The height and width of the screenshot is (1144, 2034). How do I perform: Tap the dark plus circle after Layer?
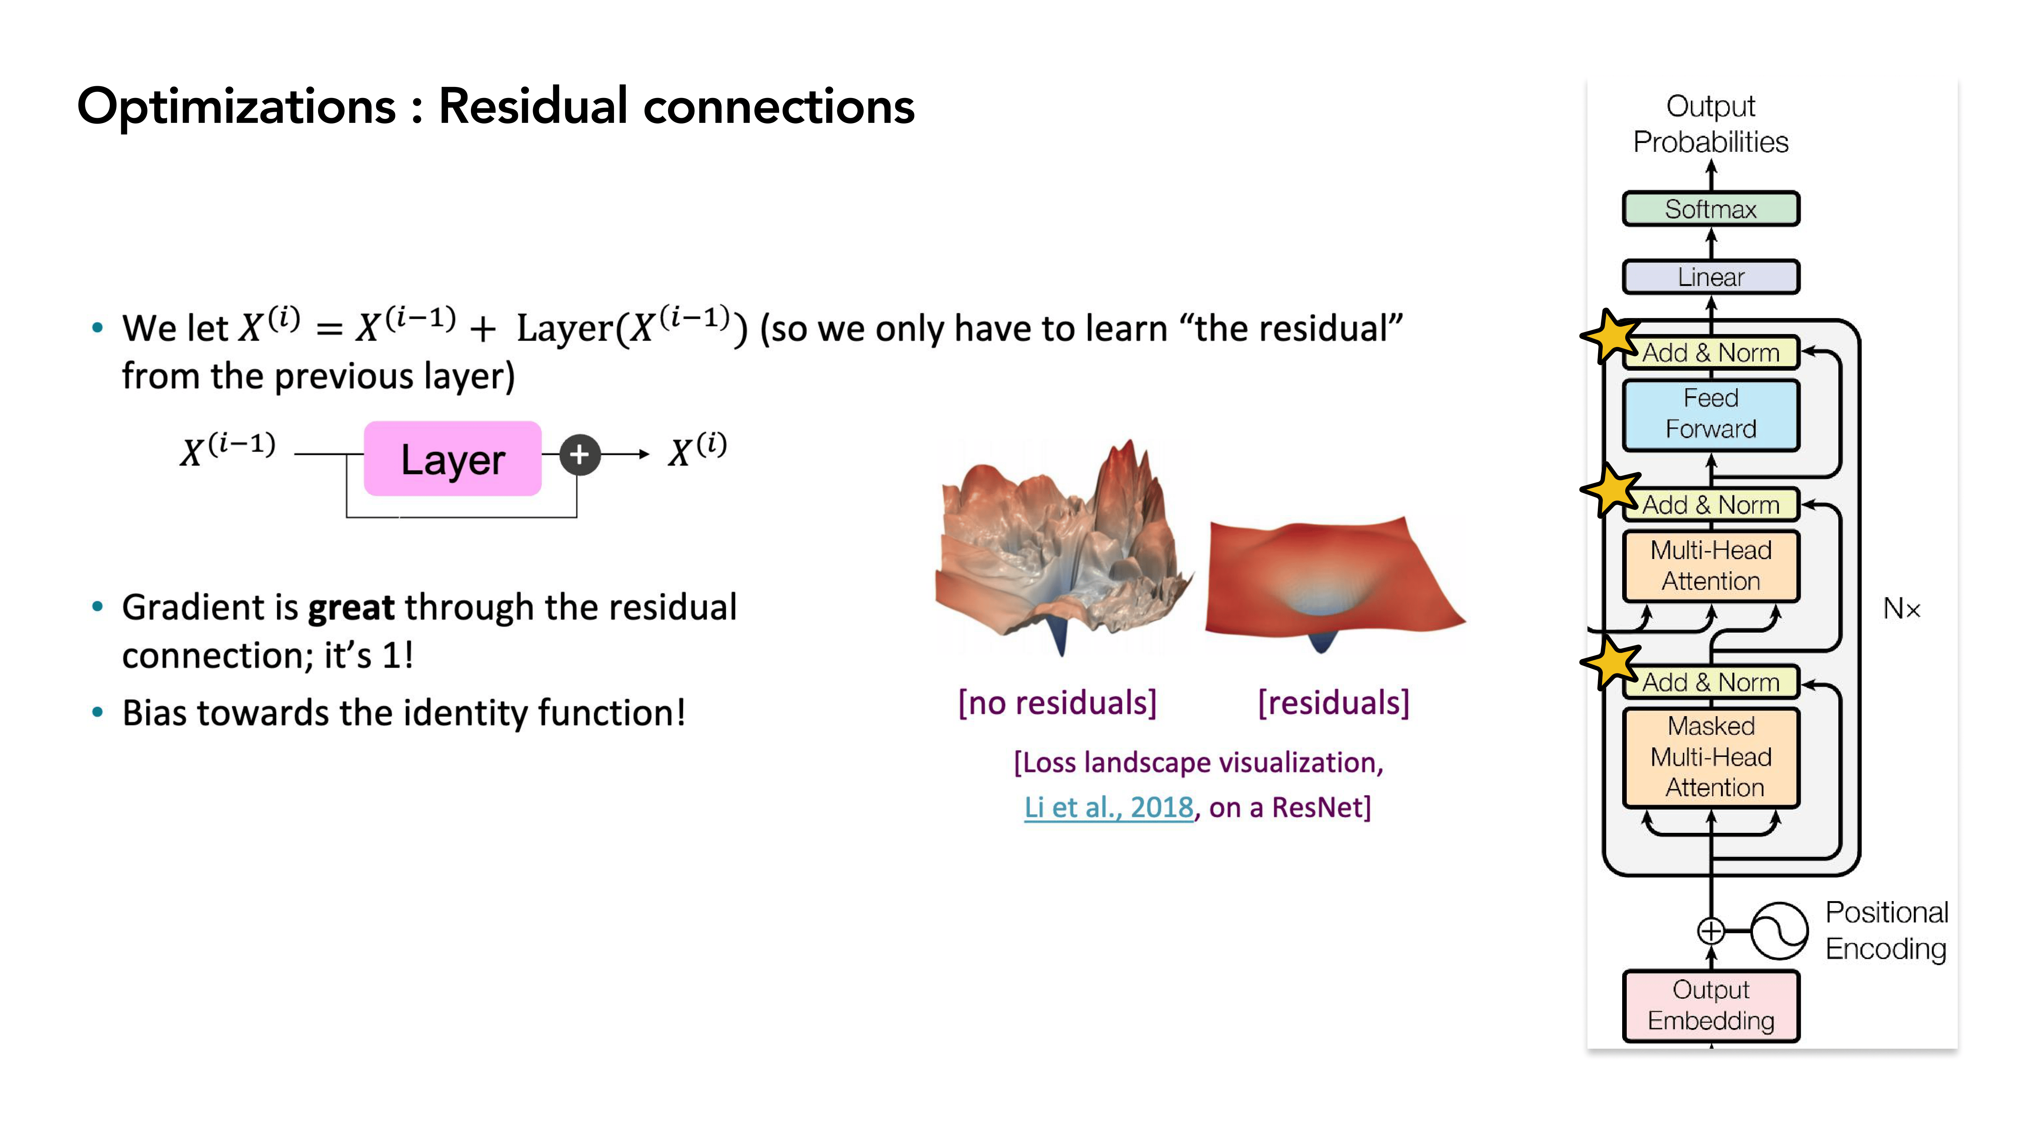click(580, 455)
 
